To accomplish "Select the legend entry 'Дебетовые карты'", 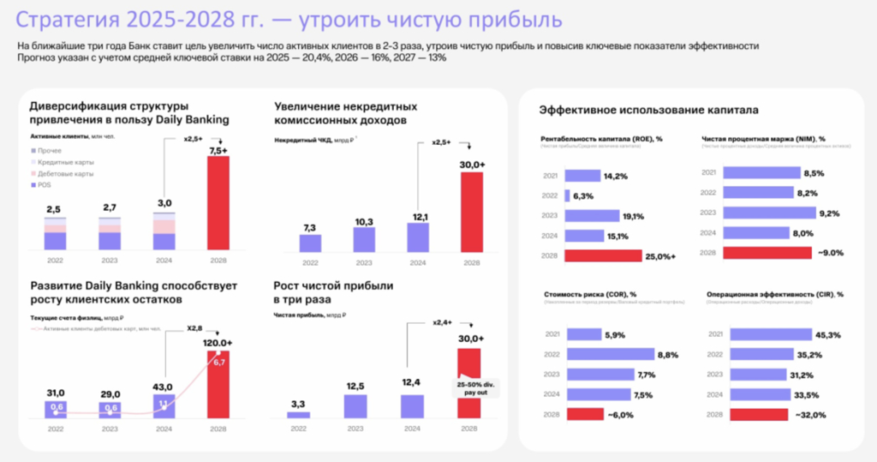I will (x=69, y=174).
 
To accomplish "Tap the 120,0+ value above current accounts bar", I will (x=219, y=341).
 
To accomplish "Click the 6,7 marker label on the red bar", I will (x=219, y=363).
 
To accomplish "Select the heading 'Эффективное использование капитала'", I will (x=647, y=109).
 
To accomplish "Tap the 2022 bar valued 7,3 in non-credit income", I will (x=310, y=243).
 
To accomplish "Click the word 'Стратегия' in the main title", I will (x=63, y=19).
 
